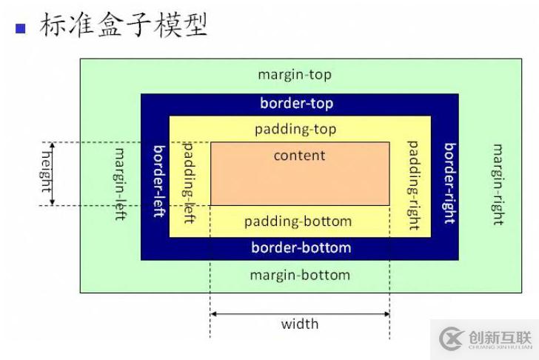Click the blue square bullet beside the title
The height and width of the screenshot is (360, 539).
coord(21,28)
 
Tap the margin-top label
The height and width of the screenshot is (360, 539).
coord(295,75)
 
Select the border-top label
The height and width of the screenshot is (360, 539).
coord(296,104)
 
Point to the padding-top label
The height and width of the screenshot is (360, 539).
coord(295,130)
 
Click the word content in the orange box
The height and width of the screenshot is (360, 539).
coord(299,156)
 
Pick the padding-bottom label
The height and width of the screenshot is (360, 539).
coord(298,221)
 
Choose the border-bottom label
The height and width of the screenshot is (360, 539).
coord(301,247)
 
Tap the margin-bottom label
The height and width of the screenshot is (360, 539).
coord(299,276)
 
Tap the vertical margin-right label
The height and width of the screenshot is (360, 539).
coord(498,184)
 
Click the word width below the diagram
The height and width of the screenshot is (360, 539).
coord(300,324)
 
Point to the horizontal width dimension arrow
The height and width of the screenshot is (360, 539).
coord(300,313)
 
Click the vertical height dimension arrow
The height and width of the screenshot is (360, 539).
coord(53,173)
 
